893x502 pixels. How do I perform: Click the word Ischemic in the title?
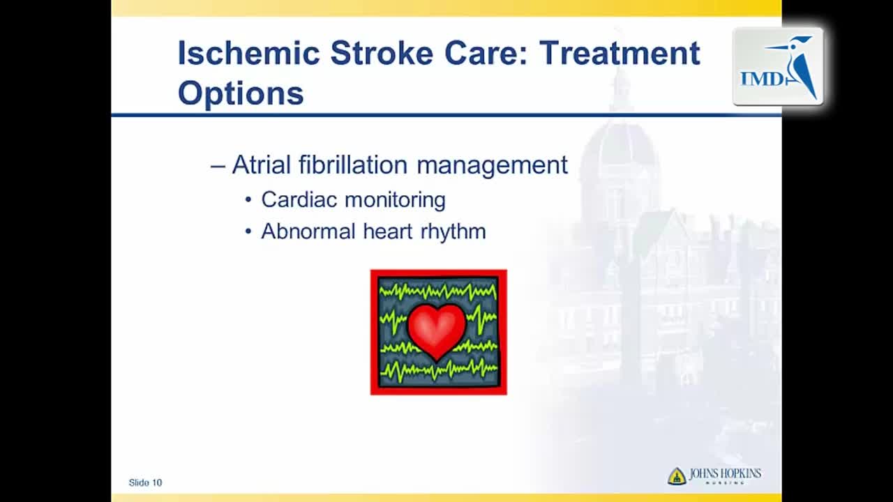coord(249,53)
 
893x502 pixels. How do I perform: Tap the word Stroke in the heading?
coord(382,53)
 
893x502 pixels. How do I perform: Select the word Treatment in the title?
coord(620,53)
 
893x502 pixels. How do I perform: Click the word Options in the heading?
coord(241,94)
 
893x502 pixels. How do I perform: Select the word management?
coord(493,166)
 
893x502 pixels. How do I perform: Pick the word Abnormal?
coord(308,231)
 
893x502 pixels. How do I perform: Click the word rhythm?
coord(453,232)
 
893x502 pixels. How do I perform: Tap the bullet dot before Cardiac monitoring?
coord(248,199)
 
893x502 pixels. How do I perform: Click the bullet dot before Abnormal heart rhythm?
coord(248,231)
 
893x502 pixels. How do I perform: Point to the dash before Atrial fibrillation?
coord(218,167)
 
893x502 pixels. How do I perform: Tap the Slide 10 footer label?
coord(146,483)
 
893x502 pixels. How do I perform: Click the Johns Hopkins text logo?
coord(725,475)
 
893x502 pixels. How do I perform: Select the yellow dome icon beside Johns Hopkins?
coord(677,476)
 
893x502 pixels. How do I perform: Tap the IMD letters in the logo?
coord(762,79)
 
